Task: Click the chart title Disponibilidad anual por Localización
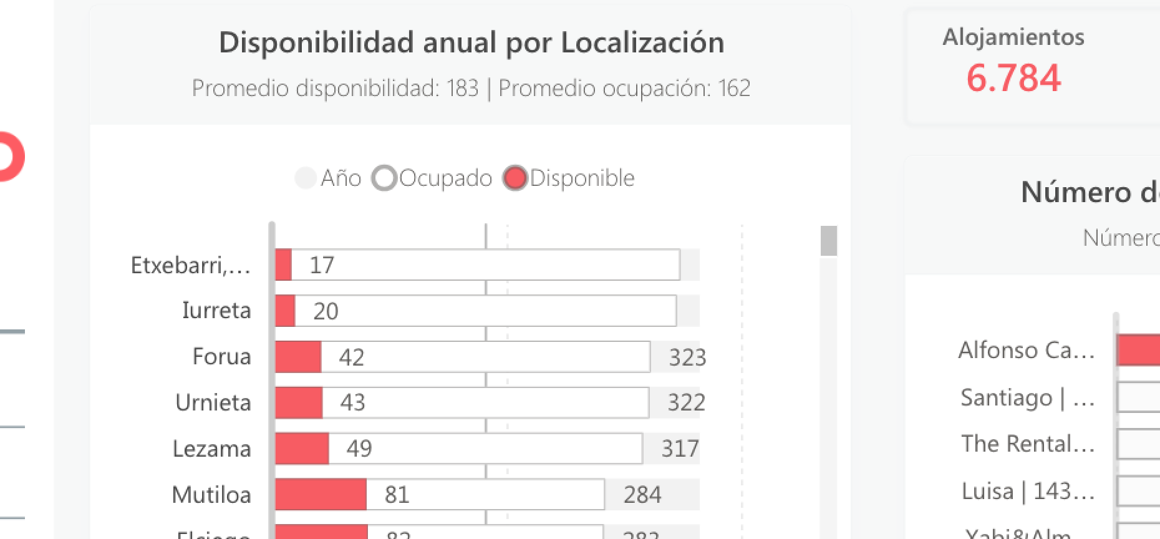tap(471, 43)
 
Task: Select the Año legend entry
tap(329, 178)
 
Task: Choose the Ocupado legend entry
tap(433, 178)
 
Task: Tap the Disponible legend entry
tap(569, 178)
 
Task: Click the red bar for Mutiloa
tap(321, 494)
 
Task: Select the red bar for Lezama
tap(302, 448)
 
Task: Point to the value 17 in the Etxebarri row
tap(322, 265)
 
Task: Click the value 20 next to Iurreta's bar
tap(326, 311)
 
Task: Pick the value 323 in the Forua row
tap(687, 357)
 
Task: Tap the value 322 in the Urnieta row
tap(686, 402)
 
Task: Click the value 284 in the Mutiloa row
tap(642, 495)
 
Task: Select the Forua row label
tap(221, 356)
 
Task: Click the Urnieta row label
tap(213, 402)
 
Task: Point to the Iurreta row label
tap(216, 310)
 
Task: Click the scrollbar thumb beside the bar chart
tap(828, 241)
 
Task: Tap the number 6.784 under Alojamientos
tap(1013, 78)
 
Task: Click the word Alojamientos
tap(1013, 37)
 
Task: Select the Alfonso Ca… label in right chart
tap(1026, 350)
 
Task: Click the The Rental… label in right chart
tap(1027, 444)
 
